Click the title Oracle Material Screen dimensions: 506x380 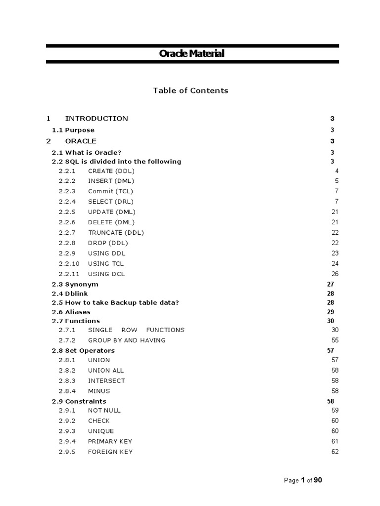(191, 53)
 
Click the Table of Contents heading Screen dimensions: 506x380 (190, 90)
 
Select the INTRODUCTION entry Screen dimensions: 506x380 (96, 119)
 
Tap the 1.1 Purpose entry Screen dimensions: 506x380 (73, 130)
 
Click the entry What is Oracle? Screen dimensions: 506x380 (87, 153)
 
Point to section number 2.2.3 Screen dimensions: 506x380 (67, 191)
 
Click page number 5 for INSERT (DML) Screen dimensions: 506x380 (336, 181)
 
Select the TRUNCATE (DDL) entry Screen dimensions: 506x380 (116, 233)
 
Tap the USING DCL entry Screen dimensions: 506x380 (106, 274)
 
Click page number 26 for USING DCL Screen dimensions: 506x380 (335, 274)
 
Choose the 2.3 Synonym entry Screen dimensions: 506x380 (75, 284)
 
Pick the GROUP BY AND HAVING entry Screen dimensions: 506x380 (127, 340)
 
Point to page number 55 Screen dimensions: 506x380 (335, 340)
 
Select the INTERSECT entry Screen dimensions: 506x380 (106, 381)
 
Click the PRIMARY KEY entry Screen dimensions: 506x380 (110, 442)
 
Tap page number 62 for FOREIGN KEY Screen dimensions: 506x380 (335, 452)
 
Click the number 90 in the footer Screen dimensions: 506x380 (318, 480)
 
